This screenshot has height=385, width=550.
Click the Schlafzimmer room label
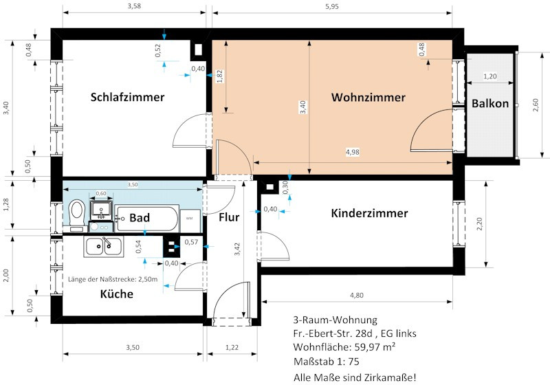pos(127,97)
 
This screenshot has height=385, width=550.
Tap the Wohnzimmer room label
pos(368,97)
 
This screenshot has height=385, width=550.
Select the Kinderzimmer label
pos(369,213)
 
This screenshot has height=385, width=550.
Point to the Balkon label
pos(490,103)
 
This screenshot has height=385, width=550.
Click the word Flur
pos(229,217)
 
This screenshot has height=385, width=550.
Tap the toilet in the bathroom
pos(77,215)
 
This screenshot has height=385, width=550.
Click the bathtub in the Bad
pos(147,218)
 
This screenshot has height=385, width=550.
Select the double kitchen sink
pos(104,246)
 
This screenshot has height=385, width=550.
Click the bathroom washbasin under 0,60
pos(101,210)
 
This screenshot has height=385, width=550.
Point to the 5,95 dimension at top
pos(332,6)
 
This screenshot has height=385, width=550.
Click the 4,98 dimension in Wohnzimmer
pos(353,152)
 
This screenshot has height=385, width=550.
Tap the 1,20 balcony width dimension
pos(490,76)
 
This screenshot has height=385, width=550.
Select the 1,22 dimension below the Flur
pos(232,347)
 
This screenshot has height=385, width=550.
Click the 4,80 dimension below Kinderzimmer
pos(357,295)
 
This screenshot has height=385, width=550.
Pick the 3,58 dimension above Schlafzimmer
pos(134,6)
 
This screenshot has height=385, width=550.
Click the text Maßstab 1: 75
pos(326,362)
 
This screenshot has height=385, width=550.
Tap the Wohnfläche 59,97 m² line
pos(344,346)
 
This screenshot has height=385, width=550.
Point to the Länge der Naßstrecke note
pos(113,279)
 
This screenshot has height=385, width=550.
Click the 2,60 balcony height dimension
pos(536,105)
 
